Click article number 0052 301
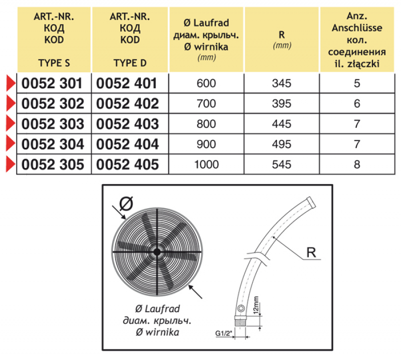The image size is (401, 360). pos(52,83)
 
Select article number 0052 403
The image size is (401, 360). pos(126,124)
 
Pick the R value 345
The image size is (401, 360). pos(282,83)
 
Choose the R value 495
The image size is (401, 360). pos(282,144)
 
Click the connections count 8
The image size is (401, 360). pos(357,164)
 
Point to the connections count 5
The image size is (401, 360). pos(357,83)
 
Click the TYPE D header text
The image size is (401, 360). pos(129,63)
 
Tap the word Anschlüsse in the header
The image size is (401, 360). pos(356,29)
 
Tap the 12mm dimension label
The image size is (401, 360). pos(256,304)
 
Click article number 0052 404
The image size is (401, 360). pos(126,144)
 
